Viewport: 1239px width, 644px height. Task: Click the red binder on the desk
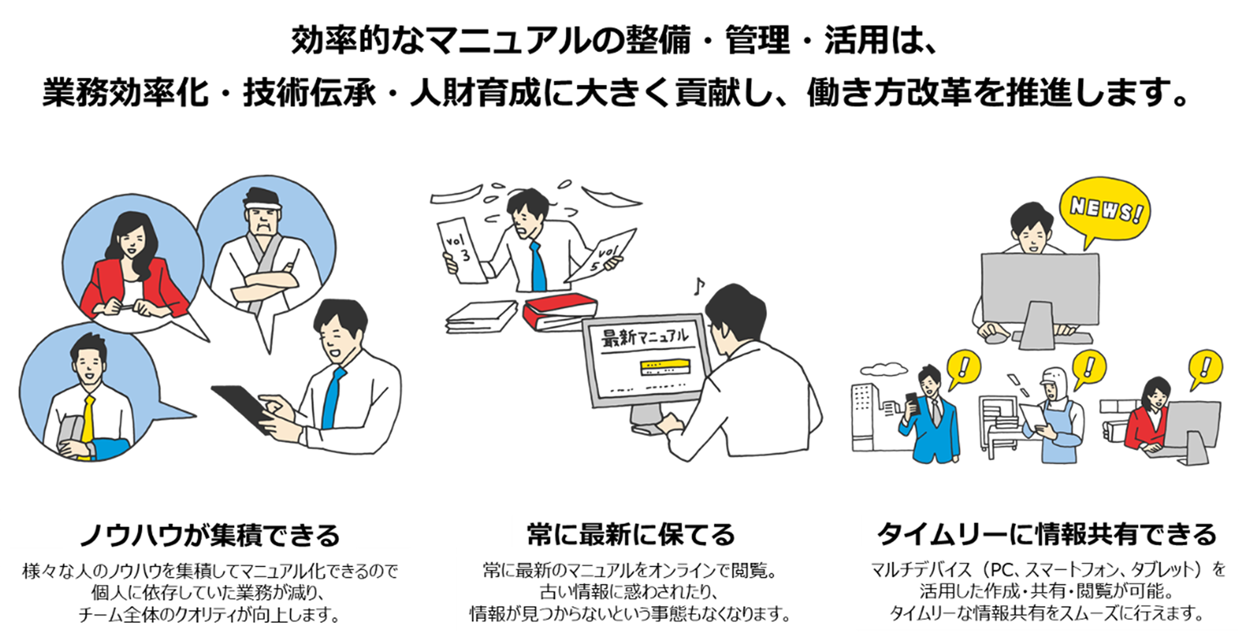559,311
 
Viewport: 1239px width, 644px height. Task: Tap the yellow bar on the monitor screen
665,367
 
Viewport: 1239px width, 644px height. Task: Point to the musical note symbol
699,286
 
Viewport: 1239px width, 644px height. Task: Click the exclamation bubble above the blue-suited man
964,368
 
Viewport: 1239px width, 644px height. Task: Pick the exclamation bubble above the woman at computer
1205,368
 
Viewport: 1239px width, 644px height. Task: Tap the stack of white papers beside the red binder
481,316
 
